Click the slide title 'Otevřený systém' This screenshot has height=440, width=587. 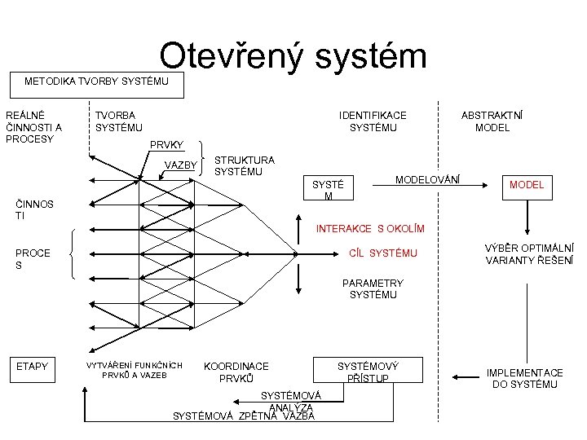(293, 56)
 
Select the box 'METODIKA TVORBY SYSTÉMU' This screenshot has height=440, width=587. (96, 81)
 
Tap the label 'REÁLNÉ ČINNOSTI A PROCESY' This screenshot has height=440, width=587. (33, 127)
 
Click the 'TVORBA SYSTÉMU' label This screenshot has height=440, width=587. (118, 121)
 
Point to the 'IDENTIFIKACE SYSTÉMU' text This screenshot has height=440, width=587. (373, 121)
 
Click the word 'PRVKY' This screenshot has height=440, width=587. (166, 145)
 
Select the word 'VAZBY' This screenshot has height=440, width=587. (181, 165)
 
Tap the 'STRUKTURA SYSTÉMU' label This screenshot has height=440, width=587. (244, 166)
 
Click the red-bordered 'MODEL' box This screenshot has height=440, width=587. (526, 185)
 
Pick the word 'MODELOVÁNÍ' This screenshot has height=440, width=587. (427, 178)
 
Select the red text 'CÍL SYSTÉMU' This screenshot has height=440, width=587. (382, 253)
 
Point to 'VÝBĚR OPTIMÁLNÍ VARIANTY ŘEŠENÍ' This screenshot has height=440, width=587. (529, 253)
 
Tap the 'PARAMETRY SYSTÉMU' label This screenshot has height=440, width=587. (373, 288)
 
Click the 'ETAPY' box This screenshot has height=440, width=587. (32, 367)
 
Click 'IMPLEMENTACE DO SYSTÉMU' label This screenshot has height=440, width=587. (524, 378)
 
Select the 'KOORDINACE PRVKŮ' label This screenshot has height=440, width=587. (236, 372)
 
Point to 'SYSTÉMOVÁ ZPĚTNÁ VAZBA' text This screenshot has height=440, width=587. (244, 416)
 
